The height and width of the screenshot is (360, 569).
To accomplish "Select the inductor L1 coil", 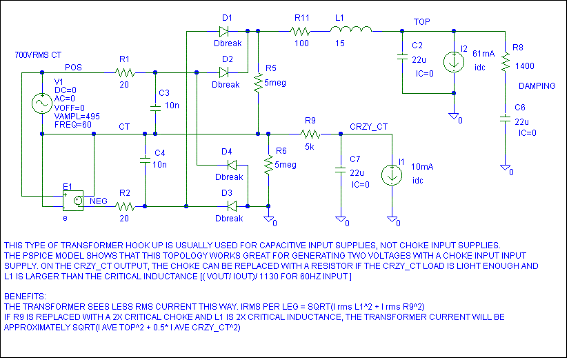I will point(351,30).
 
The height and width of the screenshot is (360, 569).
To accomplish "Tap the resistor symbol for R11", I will point(301,31).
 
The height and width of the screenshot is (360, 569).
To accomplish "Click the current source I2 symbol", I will point(454,61).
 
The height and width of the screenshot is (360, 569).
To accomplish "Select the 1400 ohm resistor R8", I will point(505,63).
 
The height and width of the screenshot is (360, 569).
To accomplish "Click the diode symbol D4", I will point(230,165).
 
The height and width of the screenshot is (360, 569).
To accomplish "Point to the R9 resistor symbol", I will point(310,134).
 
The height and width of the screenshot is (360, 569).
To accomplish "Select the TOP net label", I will point(421,22).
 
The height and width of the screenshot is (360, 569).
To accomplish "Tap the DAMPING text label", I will point(537,86).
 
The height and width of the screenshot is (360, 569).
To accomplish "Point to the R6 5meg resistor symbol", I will point(268,166).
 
